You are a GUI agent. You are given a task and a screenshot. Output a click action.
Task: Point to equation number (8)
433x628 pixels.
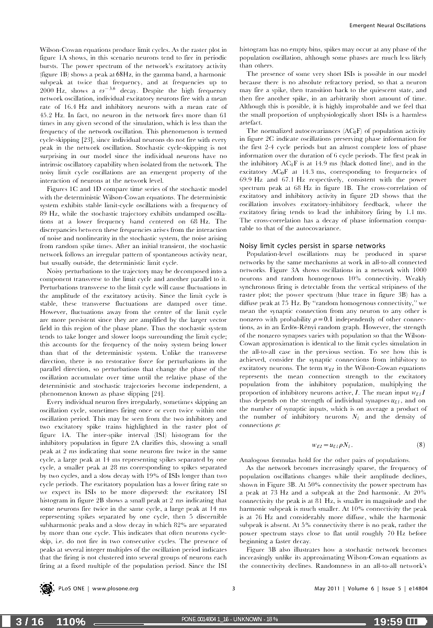[x=420, y=445]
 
